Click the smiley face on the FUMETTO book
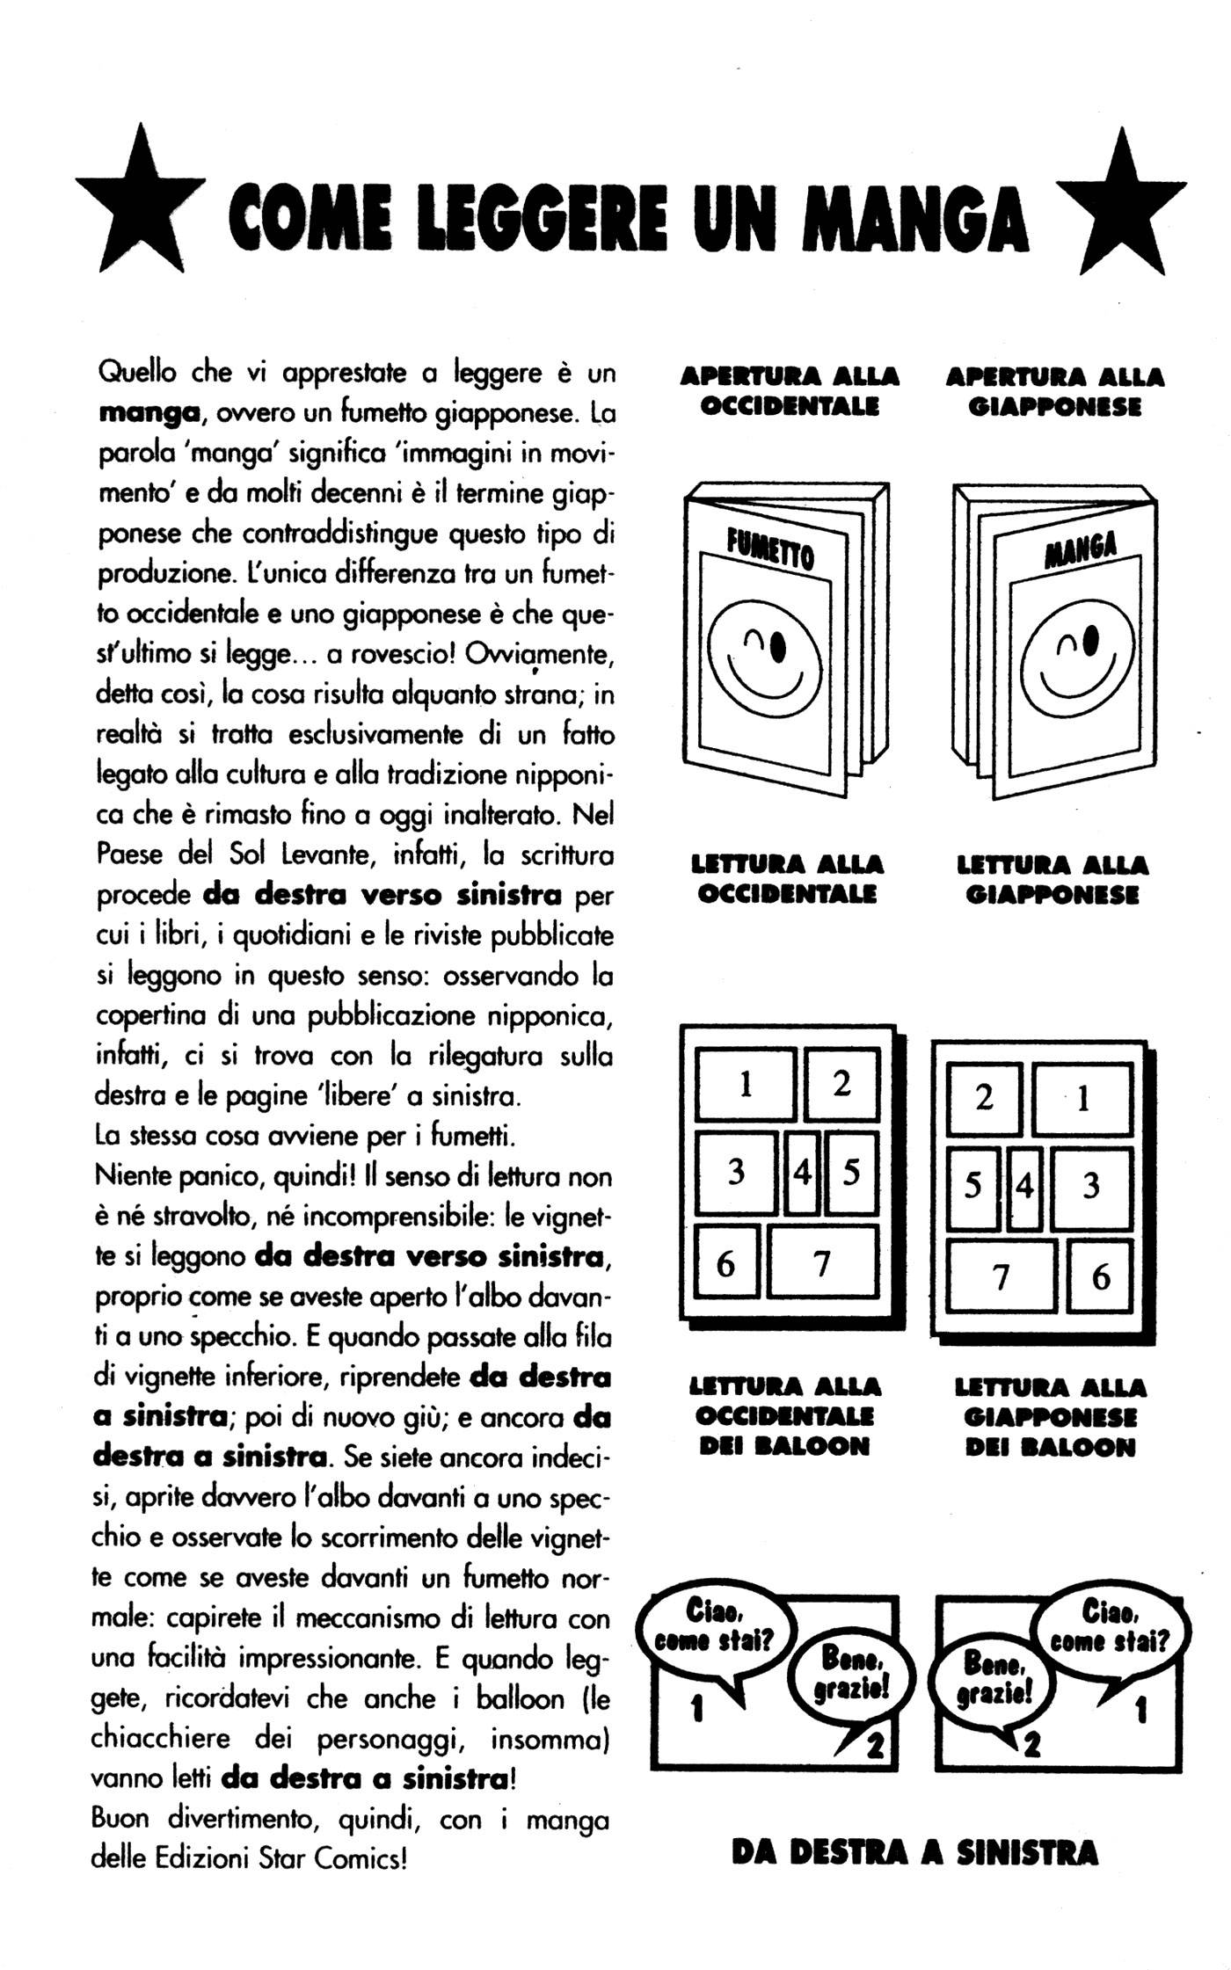click(764, 659)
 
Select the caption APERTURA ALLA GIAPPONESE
click(1054, 392)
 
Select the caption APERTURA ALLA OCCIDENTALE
click(790, 392)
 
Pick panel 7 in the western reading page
click(822, 1262)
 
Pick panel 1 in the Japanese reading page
click(1082, 1098)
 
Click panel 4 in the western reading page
click(801, 1173)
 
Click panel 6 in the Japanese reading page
click(1100, 1276)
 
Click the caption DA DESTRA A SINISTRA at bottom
click(914, 1853)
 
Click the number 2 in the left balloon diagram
click(874, 1746)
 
